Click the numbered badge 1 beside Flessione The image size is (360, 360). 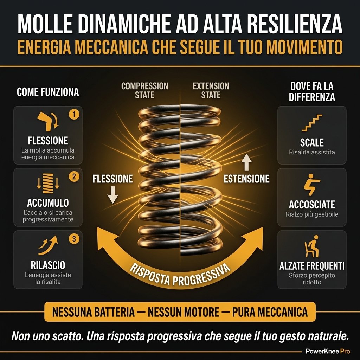point(74,114)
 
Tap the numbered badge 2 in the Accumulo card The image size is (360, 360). point(74,176)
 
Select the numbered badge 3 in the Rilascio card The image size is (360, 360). point(74,239)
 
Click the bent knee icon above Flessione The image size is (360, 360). point(47,121)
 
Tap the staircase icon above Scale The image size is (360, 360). point(312,123)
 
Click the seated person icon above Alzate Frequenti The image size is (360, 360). point(312,246)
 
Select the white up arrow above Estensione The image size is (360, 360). point(246,162)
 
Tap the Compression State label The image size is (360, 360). point(144,90)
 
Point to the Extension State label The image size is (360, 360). point(211,90)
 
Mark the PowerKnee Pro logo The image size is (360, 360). point(328,351)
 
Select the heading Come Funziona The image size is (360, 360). point(48,92)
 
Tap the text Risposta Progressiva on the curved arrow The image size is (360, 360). point(180,275)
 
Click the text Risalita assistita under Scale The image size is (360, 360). point(312,152)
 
